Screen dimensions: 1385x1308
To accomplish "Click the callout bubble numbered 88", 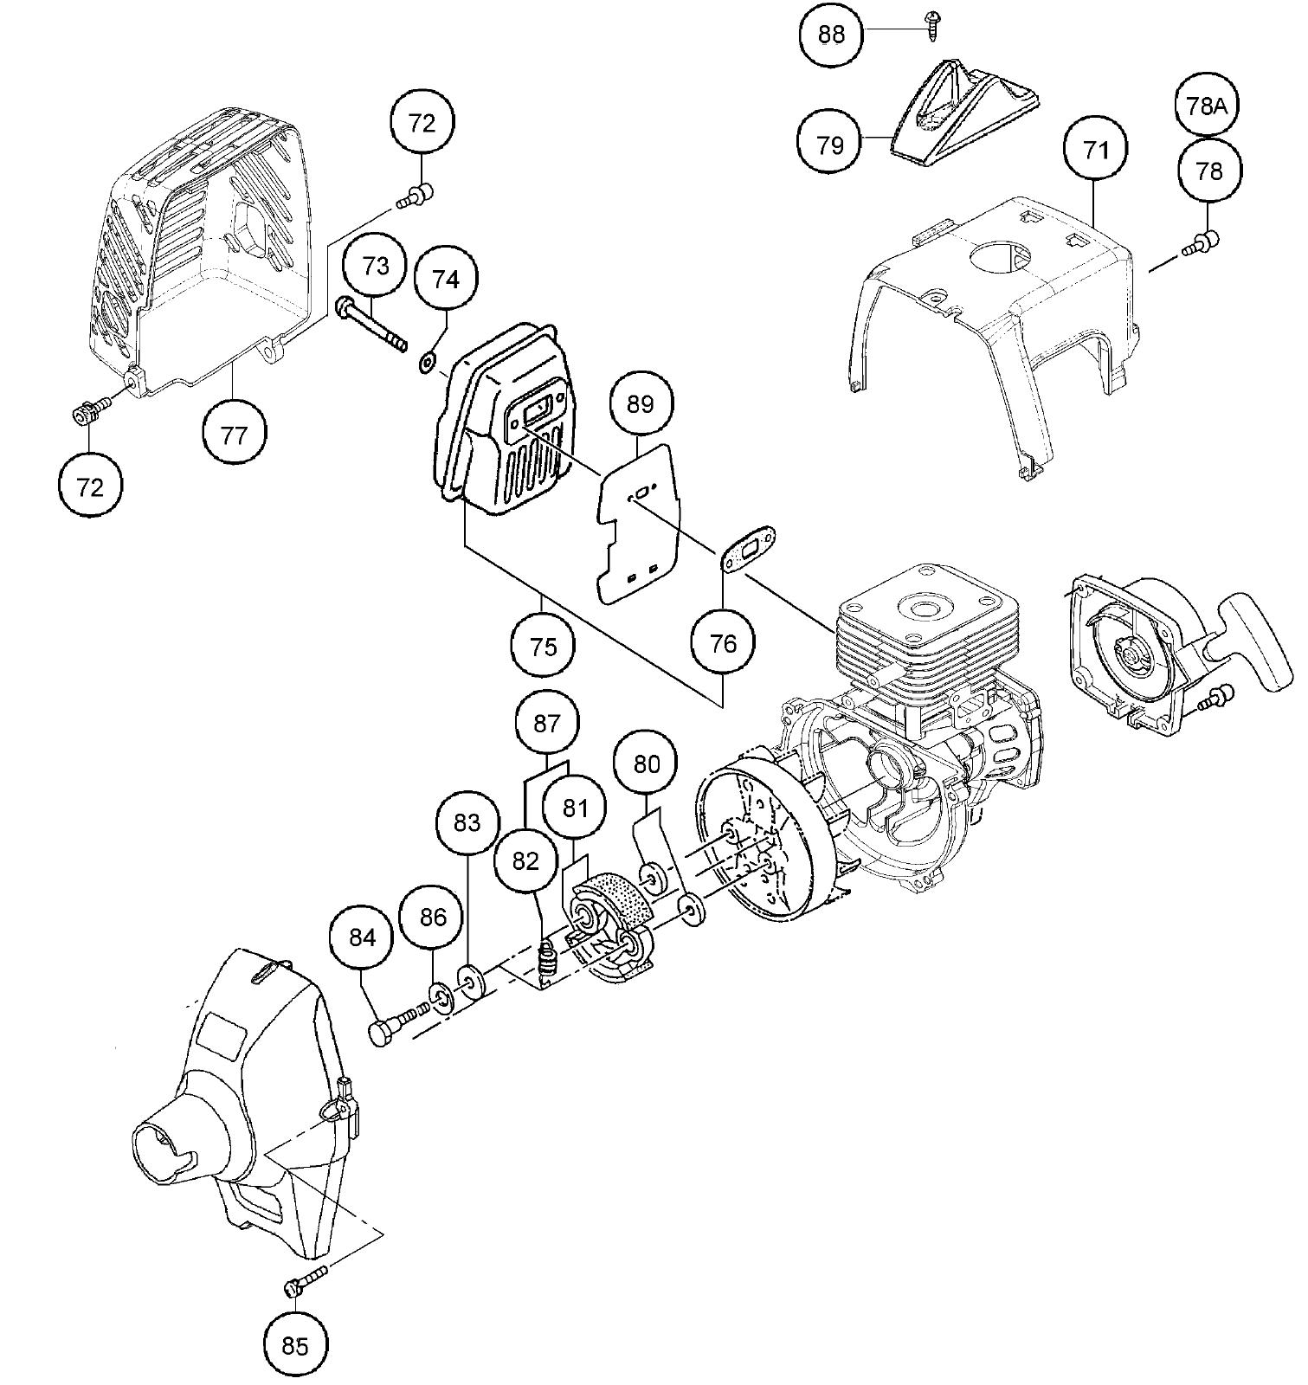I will pos(830,34).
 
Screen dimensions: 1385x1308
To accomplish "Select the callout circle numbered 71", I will pos(1095,150).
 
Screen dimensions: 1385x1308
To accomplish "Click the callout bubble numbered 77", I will pos(234,435).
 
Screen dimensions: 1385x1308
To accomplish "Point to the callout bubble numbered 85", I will pos(294,1345).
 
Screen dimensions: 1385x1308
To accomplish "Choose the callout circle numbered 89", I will pos(640,403).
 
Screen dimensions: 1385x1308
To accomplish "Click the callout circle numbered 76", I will pos(723,643).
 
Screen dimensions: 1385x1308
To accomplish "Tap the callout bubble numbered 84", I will pos(362,937).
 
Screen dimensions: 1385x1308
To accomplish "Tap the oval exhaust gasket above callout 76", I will pos(750,548).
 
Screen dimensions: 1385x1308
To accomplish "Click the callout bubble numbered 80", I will pos(646,763).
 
